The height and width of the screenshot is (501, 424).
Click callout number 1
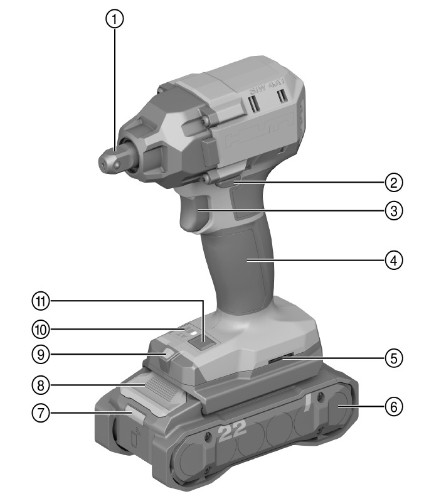[x=114, y=20]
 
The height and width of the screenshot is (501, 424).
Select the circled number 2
[x=393, y=183]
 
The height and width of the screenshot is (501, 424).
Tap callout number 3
[x=393, y=211]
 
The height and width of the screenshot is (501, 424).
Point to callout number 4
[x=393, y=259]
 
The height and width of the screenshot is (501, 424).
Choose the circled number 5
[x=393, y=359]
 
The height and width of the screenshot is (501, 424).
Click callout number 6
[x=393, y=406]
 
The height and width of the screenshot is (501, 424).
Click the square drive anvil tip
[x=111, y=159]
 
